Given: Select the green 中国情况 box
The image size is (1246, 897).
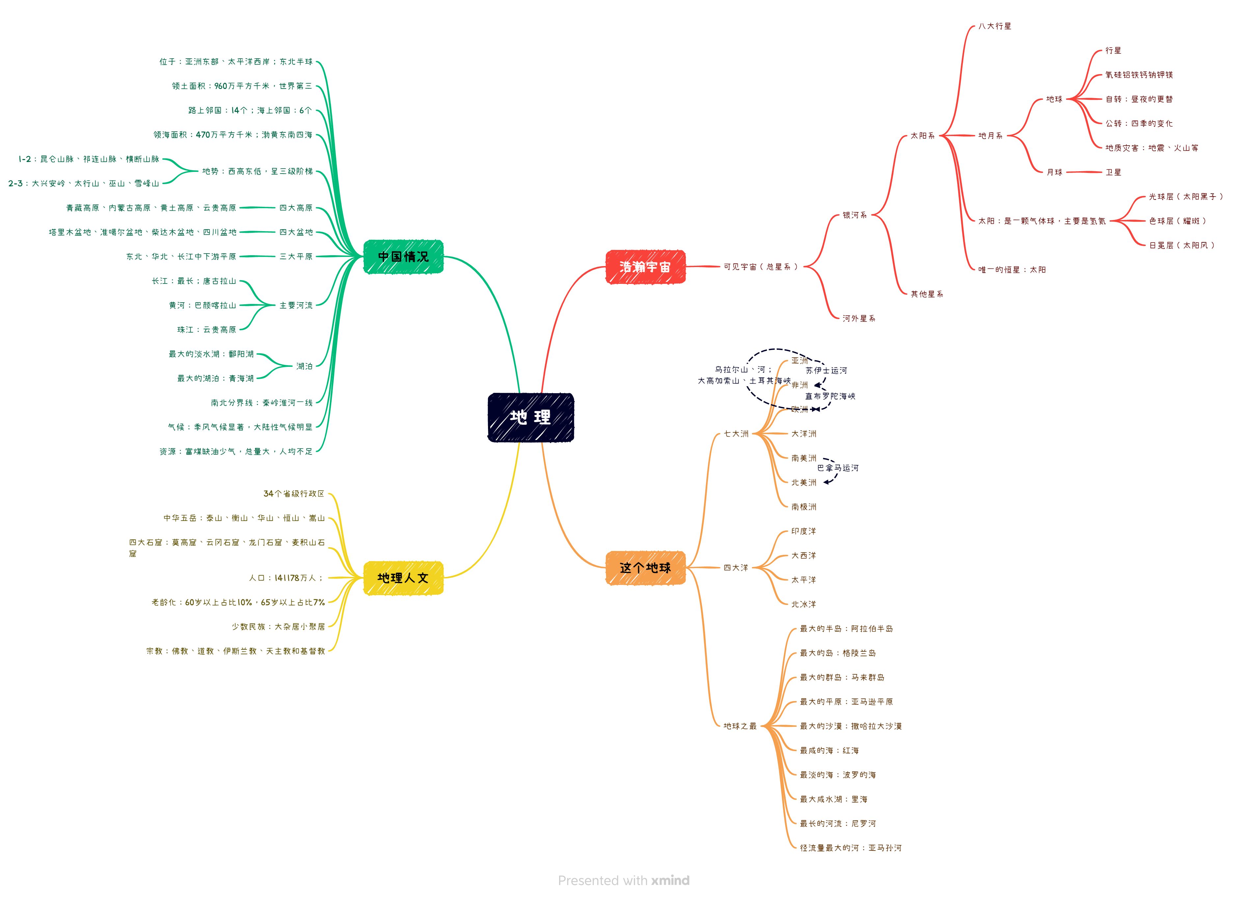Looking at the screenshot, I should tap(403, 257).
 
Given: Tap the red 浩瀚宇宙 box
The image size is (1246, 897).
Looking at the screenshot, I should tap(645, 267).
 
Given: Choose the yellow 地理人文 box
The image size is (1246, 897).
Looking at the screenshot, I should tap(403, 578).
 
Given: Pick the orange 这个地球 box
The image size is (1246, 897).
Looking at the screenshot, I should tap(645, 568).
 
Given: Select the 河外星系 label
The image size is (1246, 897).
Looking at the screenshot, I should tap(859, 318).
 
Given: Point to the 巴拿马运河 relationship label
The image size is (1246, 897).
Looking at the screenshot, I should tap(838, 468).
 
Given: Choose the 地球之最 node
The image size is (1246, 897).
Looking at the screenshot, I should tap(740, 726).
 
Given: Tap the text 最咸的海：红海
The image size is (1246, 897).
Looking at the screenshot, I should tap(829, 750).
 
